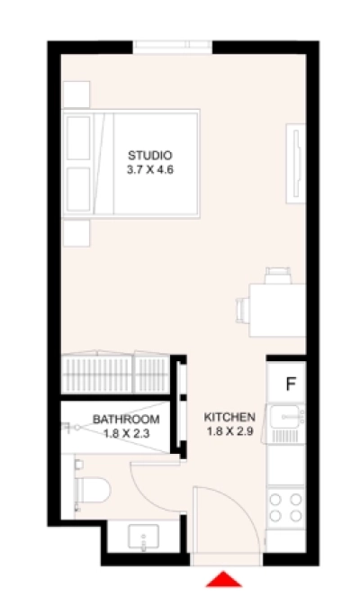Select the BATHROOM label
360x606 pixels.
[x=126, y=420]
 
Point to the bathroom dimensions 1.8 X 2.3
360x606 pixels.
[x=126, y=433]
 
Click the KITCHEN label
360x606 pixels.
[x=230, y=417]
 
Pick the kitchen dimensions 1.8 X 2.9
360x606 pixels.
[x=230, y=430]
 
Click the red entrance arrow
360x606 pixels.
[x=228, y=579]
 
